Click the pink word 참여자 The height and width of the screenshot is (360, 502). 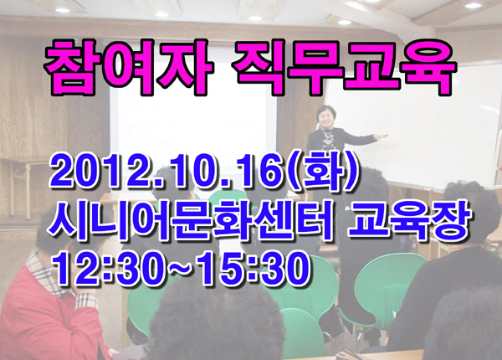129,67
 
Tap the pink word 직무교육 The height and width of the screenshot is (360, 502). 344,67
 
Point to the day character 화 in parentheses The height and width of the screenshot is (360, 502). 322,172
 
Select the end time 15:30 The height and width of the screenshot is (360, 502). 253,269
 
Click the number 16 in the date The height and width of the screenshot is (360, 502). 260,173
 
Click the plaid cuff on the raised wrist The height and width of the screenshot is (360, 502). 86,301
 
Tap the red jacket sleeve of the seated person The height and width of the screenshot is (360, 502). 80,333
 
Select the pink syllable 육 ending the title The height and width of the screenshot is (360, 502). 428,67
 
